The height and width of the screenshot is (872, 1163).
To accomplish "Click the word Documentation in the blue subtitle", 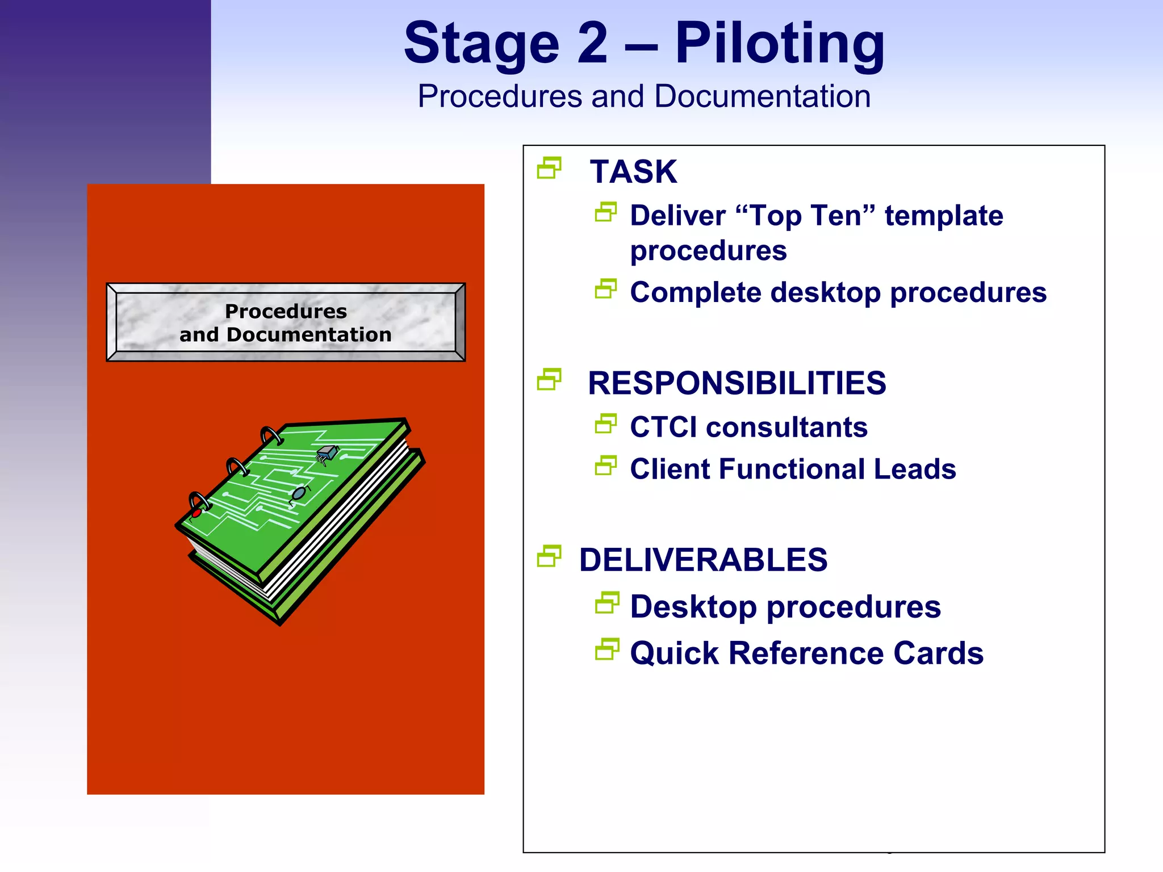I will click(762, 97).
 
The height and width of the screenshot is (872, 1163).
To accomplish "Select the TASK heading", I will click(633, 171).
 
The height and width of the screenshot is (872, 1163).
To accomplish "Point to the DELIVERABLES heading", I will click(703, 560).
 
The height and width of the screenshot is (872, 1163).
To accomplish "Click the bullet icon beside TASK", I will click(549, 168).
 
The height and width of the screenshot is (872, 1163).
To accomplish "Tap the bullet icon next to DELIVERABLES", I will click(549, 556).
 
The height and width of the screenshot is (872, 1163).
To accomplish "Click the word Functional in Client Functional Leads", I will click(793, 469).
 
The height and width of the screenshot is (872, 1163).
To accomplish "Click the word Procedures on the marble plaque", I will click(286, 311).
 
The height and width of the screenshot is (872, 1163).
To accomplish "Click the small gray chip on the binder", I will click(326, 453).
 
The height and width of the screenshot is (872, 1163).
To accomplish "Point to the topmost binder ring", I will click(271, 435).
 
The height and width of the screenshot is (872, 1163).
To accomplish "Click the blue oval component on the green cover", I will click(299, 493).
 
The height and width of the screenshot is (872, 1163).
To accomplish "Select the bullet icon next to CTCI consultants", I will click(606, 424).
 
